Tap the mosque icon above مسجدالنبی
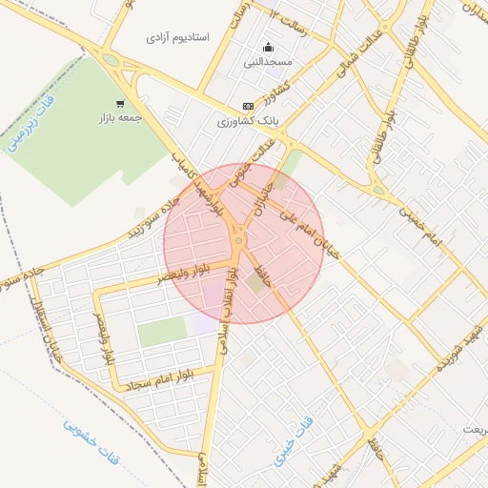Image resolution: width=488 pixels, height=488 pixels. [268, 47]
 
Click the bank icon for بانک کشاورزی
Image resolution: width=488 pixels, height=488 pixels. [249, 106]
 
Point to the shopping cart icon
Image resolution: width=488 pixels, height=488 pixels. [120, 104]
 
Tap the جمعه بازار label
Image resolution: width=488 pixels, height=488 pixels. [119, 119]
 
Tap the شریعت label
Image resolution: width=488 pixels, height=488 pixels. [473, 430]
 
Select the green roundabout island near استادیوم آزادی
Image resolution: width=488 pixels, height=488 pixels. [112, 62]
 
